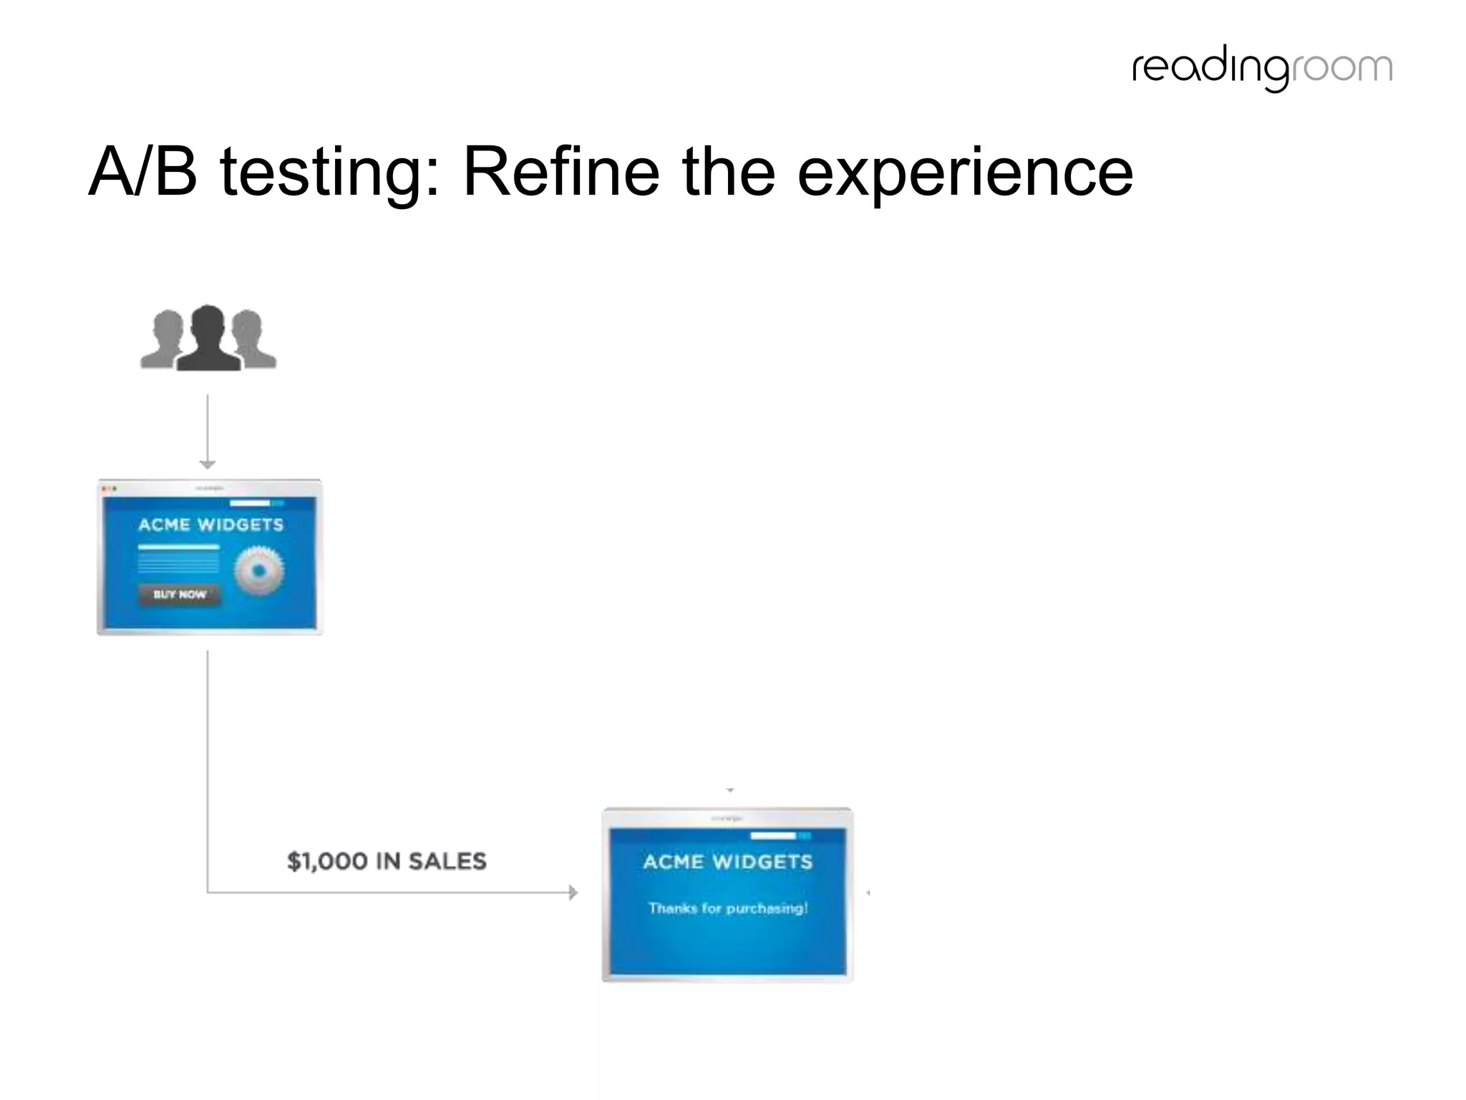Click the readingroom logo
1262,69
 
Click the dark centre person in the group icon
208,338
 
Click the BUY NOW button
179,594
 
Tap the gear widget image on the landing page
258,571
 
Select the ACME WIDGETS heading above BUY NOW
210,525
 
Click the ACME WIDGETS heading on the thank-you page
727,862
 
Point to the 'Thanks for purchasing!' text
727,908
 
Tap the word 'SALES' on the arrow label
447,861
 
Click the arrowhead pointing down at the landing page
208,464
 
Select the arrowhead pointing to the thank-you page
573,892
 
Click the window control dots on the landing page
110,488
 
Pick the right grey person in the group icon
251,341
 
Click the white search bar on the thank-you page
772,836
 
